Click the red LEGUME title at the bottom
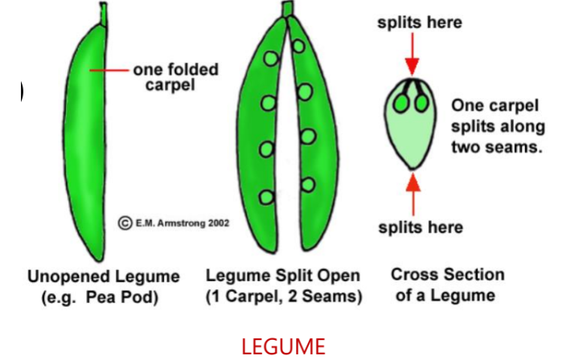(x=284, y=346)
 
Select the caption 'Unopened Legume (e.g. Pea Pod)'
(x=104, y=286)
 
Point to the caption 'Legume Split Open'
(x=283, y=276)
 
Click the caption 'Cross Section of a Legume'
(x=447, y=284)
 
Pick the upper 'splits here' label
(x=420, y=22)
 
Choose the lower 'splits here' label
(x=420, y=227)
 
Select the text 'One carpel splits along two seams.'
(x=498, y=125)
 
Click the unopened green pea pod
(x=89, y=137)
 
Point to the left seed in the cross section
(x=402, y=102)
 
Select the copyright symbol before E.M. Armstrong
(x=125, y=223)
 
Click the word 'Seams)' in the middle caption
(x=335, y=297)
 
